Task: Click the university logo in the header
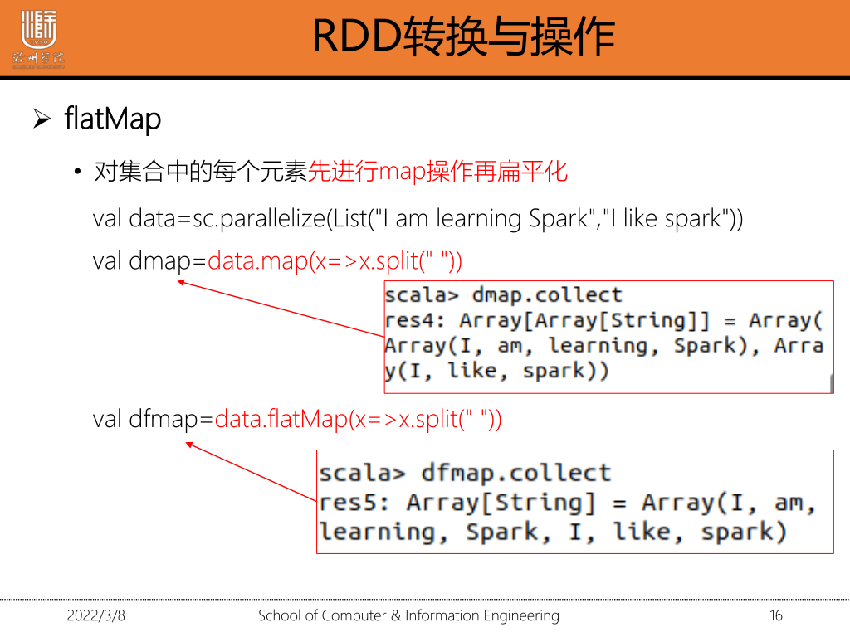pos(38,39)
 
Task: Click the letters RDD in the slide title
pos(357,36)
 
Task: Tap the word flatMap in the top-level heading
pos(113,119)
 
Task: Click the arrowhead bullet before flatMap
pos(42,119)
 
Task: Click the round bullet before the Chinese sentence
pos(77,172)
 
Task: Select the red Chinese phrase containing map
pos(437,172)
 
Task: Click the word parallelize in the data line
pos(272,219)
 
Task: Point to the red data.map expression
pos(335,261)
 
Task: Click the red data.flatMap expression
pos(359,419)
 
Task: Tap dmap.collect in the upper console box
pos(547,295)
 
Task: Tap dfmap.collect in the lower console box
pos(516,473)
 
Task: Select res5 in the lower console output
pos(349,503)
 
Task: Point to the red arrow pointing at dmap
pos(281,309)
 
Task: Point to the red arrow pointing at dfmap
pos(251,472)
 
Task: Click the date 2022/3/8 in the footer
pos(96,616)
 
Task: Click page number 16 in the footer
pos(776,616)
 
